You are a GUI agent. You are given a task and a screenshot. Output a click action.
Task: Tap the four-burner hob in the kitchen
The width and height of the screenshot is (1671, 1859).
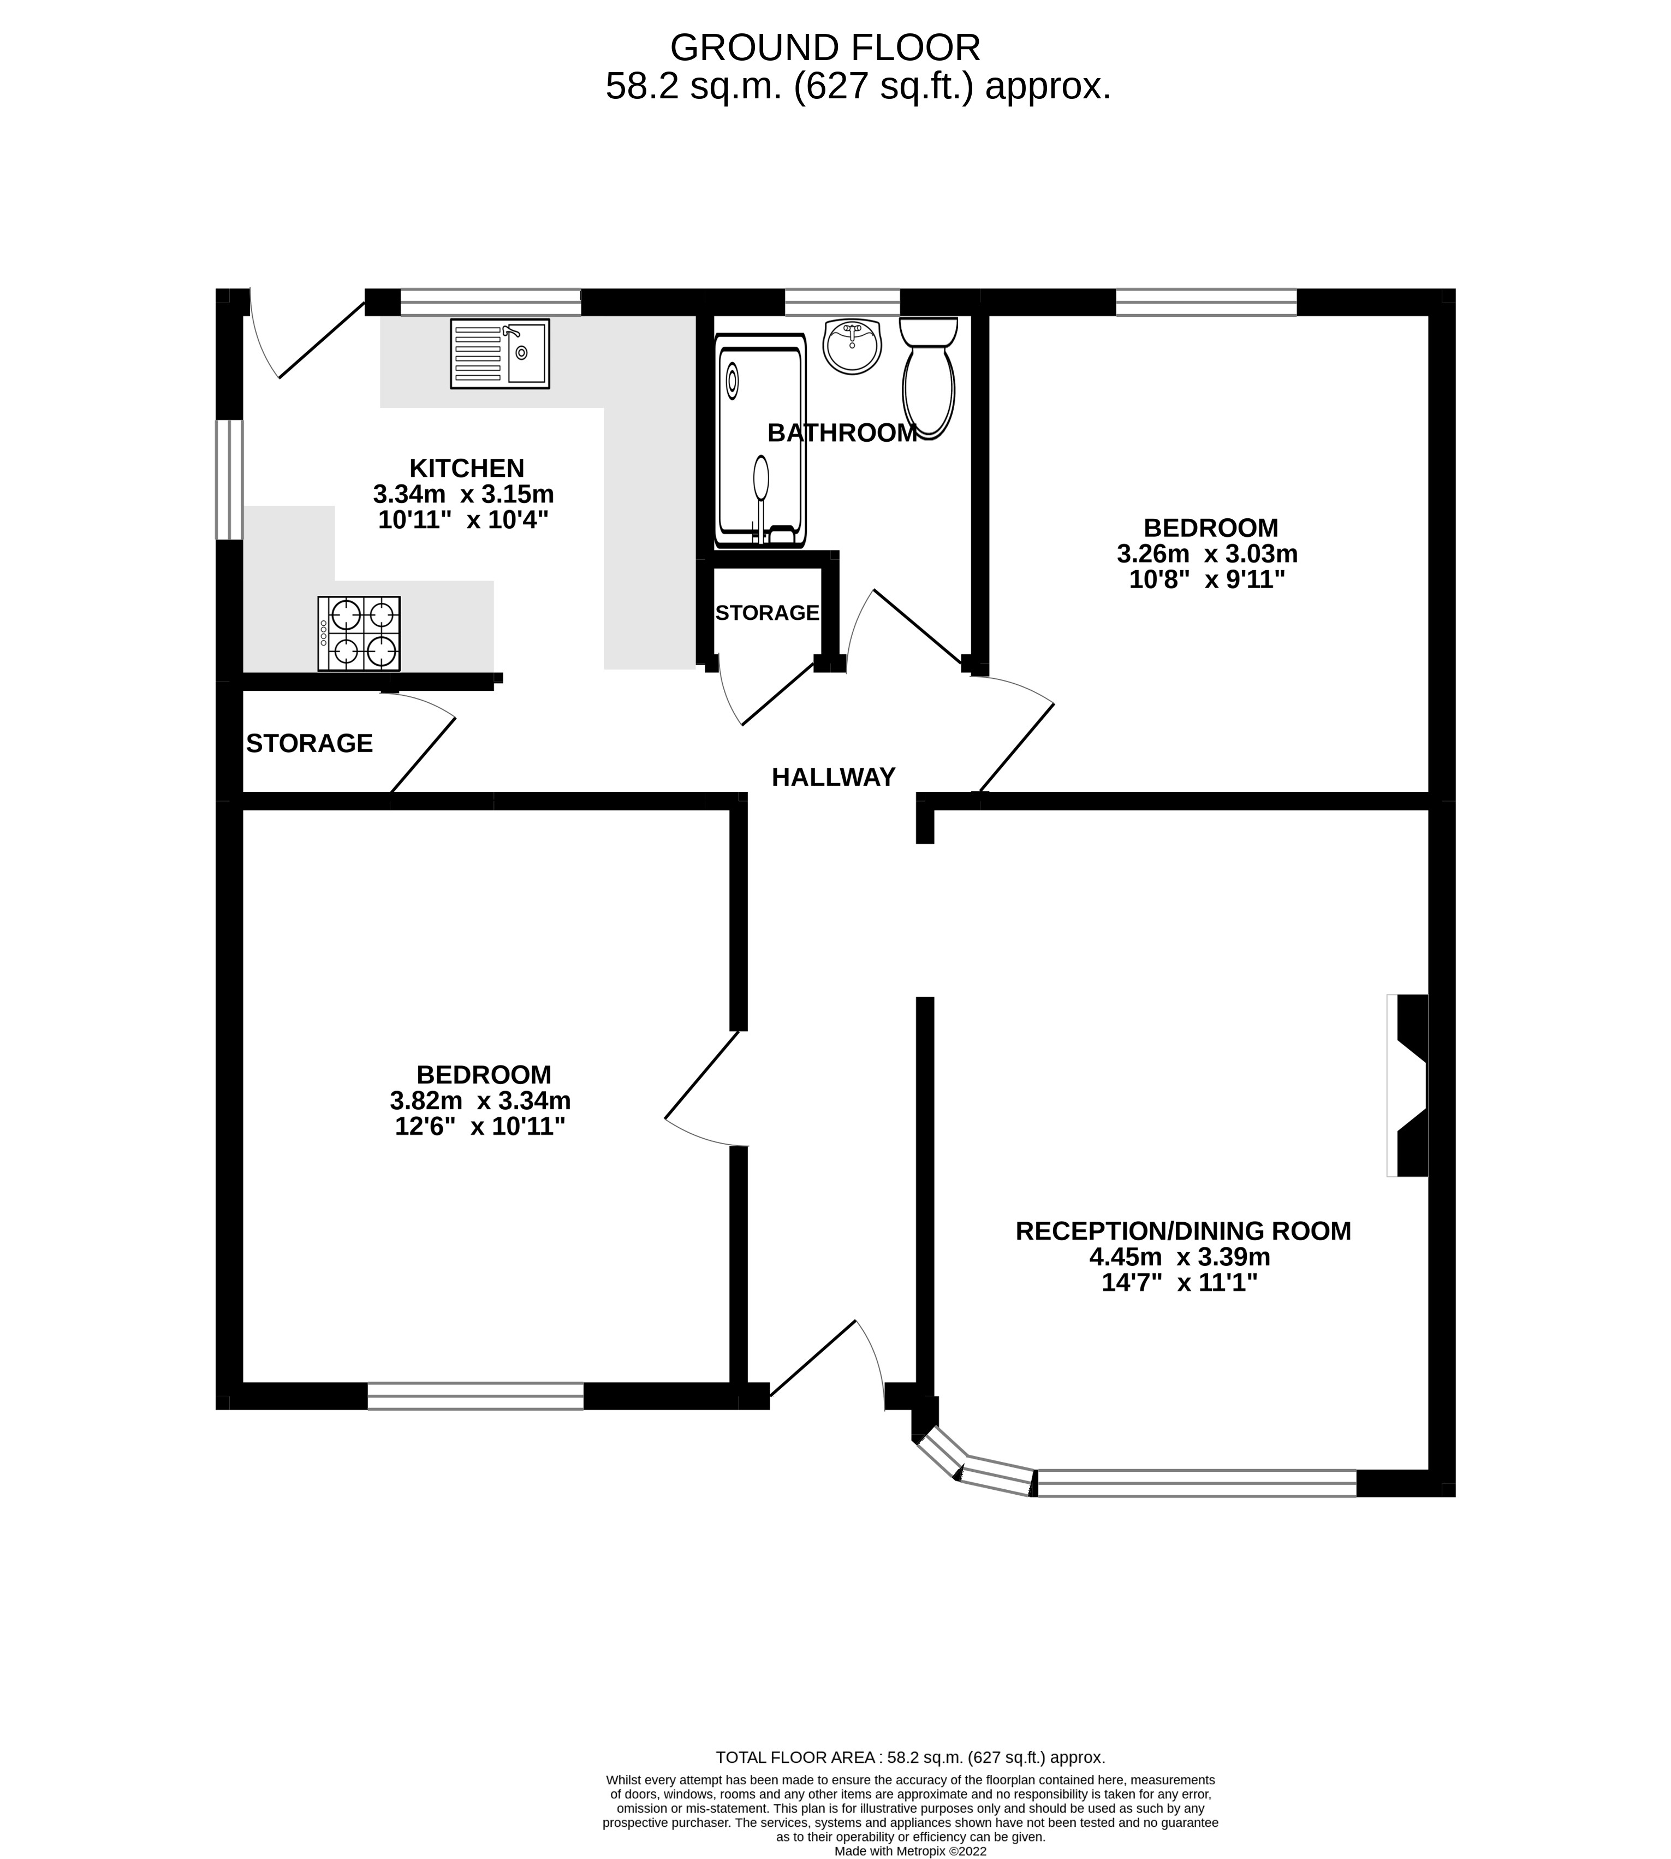pos(359,634)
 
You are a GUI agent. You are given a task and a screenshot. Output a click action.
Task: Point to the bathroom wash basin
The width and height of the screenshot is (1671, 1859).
pos(852,346)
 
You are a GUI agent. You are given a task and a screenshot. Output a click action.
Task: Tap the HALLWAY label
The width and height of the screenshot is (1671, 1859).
pos(832,778)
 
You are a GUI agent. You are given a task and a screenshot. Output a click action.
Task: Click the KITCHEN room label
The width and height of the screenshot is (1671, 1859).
pos(466,469)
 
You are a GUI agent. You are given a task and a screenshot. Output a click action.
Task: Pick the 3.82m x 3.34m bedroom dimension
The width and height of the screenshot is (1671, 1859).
pos(480,1100)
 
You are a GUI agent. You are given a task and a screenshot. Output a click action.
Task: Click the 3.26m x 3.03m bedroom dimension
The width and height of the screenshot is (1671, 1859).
pos(1206,554)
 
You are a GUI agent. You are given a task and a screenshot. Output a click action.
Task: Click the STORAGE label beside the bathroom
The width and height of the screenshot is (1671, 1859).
pos(766,613)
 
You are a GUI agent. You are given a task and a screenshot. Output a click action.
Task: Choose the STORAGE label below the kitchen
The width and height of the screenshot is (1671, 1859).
pos(310,743)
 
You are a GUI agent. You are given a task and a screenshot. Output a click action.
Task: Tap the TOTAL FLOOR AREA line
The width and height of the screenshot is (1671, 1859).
pos(910,1757)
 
